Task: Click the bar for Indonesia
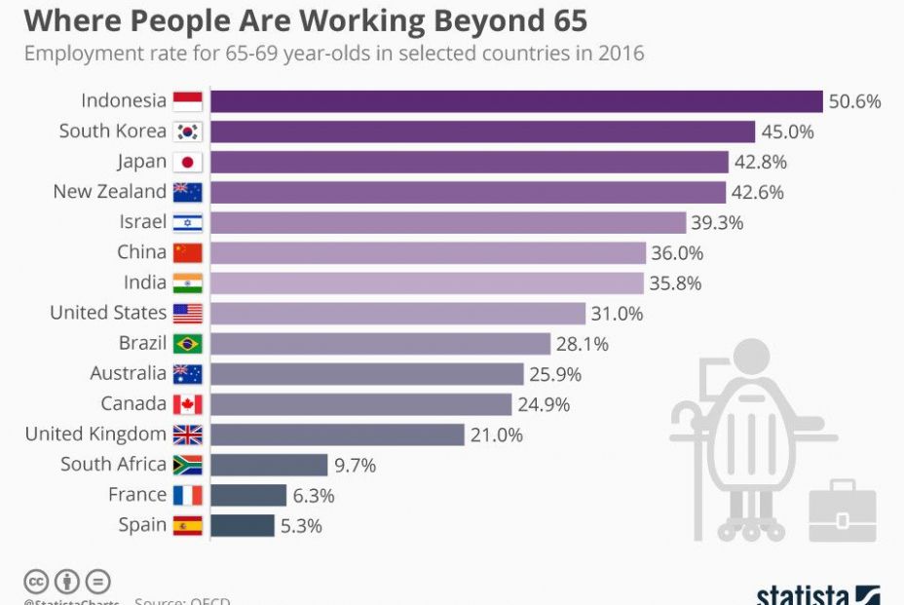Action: click(x=516, y=101)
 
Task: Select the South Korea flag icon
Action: click(x=187, y=132)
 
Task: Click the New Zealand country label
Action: click(x=109, y=192)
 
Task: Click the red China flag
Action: click(x=187, y=252)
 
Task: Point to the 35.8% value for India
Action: click(x=675, y=283)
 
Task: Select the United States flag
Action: click(x=187, y=313)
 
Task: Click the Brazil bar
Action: click(x=380, y=343)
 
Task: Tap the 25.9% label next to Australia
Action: click(x=556, y=373)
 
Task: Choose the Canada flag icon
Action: click(x=187, y=403)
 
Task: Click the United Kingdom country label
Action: click(x=95, y=434)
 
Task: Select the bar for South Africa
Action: click(x=269, y=465)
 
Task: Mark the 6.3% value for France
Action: click(x=314, y=495)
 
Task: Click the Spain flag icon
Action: click(x=187, y=525)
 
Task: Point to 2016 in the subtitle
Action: click(x=620, y=53)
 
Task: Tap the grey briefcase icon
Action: click(x=843, y=510)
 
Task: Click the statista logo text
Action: click(x=804, y=594)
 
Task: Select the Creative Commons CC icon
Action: click(x=36, y=582)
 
